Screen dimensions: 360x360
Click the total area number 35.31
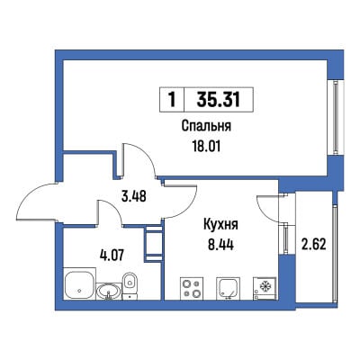[219, 99]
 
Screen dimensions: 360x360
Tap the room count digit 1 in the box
[172, 100]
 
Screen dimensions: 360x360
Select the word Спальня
[207, 126]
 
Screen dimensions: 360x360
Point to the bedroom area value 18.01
[206, 147]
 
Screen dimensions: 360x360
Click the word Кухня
[220, 225]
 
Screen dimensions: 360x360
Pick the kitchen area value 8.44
[221, 245]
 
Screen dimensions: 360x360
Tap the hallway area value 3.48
[134, 196]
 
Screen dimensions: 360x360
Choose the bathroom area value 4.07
[112, 256]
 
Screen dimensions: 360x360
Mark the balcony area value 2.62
[313, 245]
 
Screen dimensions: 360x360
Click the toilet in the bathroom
[130, 285]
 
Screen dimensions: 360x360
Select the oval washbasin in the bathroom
[109, 292]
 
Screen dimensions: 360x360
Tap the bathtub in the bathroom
[79, 284]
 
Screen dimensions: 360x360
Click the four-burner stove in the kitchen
[192, 288]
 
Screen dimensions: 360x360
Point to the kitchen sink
[228, 288]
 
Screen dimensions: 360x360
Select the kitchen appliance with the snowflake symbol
[265, 288]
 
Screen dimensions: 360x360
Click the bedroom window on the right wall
[336, 117]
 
